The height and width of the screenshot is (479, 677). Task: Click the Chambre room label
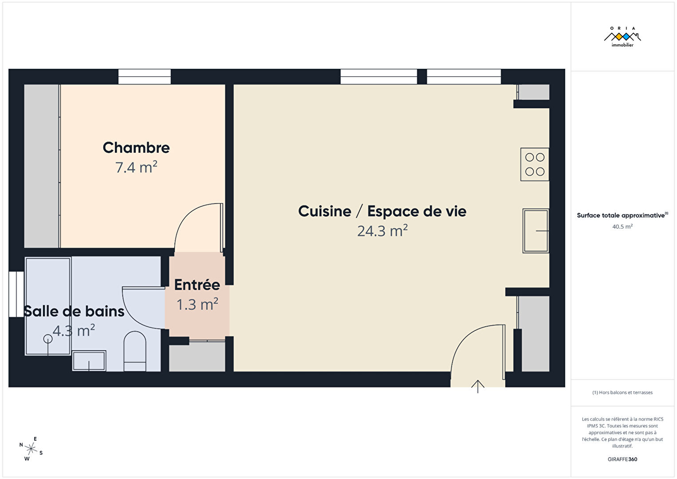pos(136,148)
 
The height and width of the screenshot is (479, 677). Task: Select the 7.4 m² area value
pos(136,167)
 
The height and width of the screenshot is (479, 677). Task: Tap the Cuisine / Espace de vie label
pos(382,211)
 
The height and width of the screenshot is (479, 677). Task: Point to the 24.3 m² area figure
pos(382,231)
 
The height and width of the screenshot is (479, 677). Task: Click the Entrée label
pos(197,285)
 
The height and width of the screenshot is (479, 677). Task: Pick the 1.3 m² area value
pos(197,304)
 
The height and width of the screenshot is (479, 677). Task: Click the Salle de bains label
pos(74,312)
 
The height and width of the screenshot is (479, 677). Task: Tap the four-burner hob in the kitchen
pos(535,165)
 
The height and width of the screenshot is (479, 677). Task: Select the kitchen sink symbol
pos(536,231)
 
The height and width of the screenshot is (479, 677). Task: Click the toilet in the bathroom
pos(135,351)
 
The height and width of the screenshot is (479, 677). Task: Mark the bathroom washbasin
pos(89,361)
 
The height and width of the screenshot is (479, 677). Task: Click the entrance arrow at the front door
pos(478,387)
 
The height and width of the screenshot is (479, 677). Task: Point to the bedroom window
pos(145,76)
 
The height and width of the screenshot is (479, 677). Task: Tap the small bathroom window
pos(16,294)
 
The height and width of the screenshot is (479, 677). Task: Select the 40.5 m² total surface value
pos(622,226)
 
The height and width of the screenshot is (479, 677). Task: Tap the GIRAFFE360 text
pos(622,459)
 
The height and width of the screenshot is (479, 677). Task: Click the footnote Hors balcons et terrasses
pos(622,392)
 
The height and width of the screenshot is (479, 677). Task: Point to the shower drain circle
pos(48,339)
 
